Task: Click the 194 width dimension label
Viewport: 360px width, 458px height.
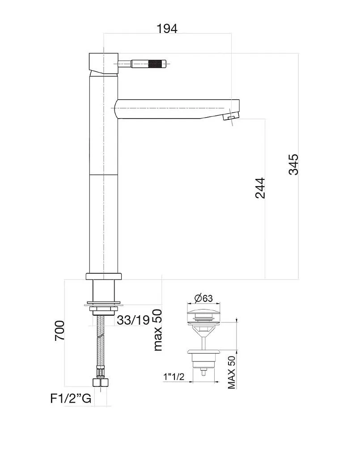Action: [167, 29]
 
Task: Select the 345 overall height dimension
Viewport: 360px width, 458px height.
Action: [293, 165]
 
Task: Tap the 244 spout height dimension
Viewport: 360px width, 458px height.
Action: [260, 188]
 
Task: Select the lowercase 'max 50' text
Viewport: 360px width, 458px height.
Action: [157, 330]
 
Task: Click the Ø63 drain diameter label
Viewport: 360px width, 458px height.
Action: [203, 298]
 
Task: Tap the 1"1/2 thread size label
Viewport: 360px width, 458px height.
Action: [174, 377]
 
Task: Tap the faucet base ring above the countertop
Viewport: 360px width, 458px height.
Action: [103, 276]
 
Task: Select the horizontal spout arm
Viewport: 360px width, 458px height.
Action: [174, 109]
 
